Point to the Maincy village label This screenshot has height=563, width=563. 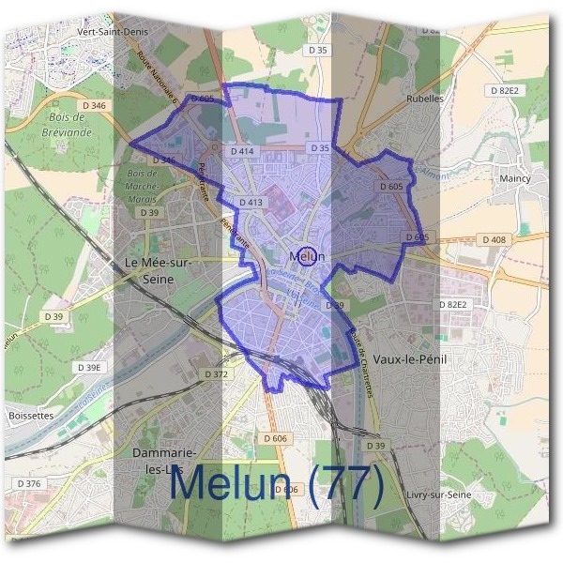[x=515, y=178]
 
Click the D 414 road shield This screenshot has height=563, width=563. [x=243, y=150]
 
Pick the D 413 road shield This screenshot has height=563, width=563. [x=251, y=202]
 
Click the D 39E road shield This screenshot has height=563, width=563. [x=90, y=367]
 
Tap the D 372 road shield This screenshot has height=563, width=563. [x=216, y=374]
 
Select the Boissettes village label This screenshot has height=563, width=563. [x=33, y=414]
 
